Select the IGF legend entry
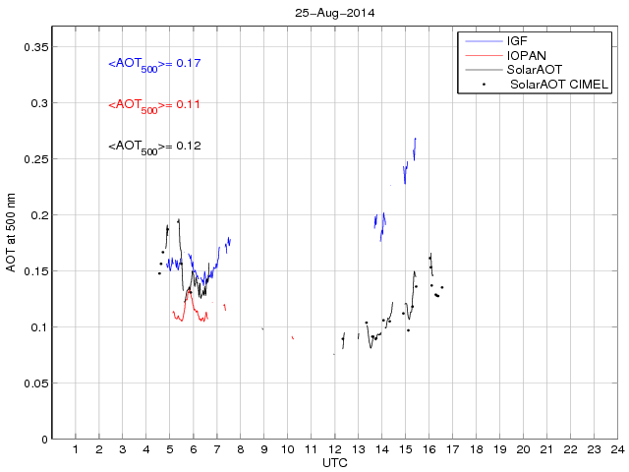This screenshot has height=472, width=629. [x=517, y=42]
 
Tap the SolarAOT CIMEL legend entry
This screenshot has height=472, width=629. [x=557, y=85]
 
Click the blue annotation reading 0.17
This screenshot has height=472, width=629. [x=155, y=64]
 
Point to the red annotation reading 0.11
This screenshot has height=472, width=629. [x=155, y=104]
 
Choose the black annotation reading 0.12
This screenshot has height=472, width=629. [x=155, y=147]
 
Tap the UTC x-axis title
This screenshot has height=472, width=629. [x=334, y=462]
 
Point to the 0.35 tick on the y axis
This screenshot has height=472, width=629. [x=34, y=46]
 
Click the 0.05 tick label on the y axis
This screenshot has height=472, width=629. [x=34, y=383]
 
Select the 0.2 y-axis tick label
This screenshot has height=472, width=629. [x=38, y=214]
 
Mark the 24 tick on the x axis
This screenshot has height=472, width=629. [x=617, y=449]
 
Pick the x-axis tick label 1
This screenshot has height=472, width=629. [x=76, y=449]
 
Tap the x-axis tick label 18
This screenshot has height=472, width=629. [x=476, y=449]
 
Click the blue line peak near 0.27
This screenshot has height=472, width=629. [x=416, y=139]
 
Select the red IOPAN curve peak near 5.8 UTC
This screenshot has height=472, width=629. [x=188, y=291]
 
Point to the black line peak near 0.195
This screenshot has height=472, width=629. [x=179, y=220]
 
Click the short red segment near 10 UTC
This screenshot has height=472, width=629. [x=292, y=337]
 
